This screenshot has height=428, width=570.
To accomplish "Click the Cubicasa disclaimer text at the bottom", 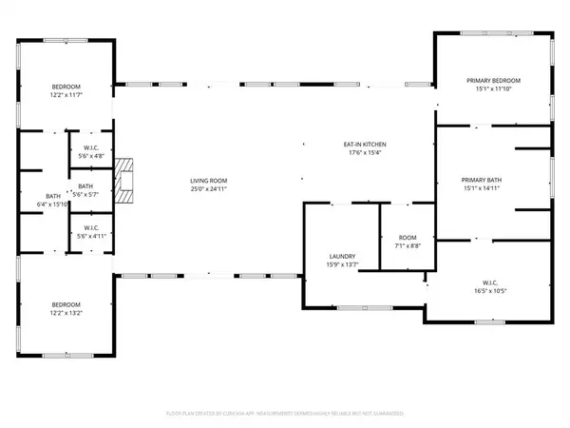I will [285, 414].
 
